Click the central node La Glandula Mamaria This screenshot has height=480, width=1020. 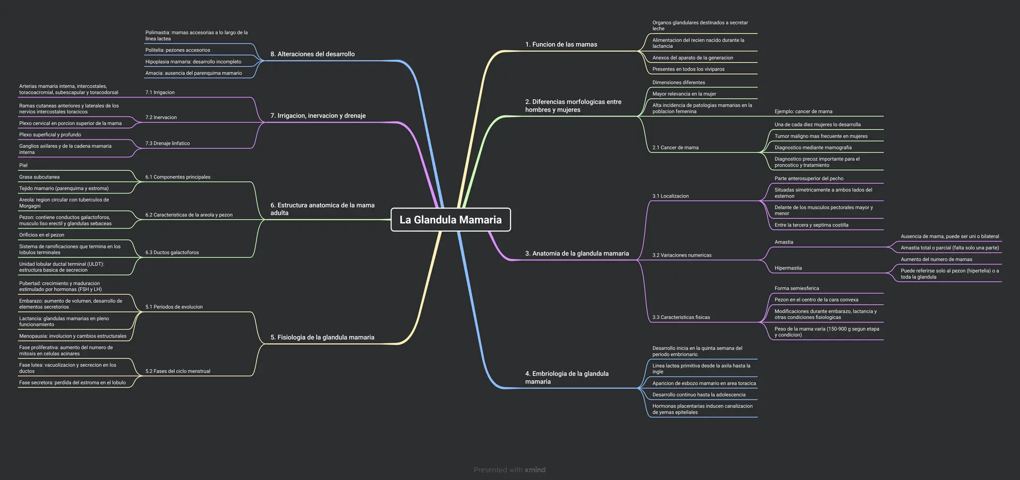click(451, 220)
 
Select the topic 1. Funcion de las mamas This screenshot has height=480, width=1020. click(561, 44)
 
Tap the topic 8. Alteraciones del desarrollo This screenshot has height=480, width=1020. click(312, 54)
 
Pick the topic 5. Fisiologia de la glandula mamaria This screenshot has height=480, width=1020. click(322, 337)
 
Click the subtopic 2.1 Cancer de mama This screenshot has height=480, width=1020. click(675, 147)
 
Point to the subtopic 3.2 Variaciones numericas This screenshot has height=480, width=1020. click(682, 255)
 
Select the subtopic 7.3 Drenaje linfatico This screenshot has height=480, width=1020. click(167, 143)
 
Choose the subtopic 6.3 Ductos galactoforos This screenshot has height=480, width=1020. click(172, 252)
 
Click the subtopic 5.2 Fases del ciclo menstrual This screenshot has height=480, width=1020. click(178, 371)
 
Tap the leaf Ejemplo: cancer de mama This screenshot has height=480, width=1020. click(803, 112)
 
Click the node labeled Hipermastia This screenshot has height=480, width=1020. click(788, 268)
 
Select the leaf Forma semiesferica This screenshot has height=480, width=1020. click(796, 288)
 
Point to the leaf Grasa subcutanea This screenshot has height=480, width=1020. click(39, 177)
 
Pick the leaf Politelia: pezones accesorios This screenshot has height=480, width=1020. click(178, 50)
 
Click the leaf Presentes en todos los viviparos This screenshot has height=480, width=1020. click(688, 69)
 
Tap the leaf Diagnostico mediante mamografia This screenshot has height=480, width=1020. click(813, 147)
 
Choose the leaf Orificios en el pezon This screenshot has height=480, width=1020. click(42, 235)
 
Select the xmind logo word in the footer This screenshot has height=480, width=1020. click(535, 470)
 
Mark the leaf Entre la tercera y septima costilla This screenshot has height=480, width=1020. click(811, 225)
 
